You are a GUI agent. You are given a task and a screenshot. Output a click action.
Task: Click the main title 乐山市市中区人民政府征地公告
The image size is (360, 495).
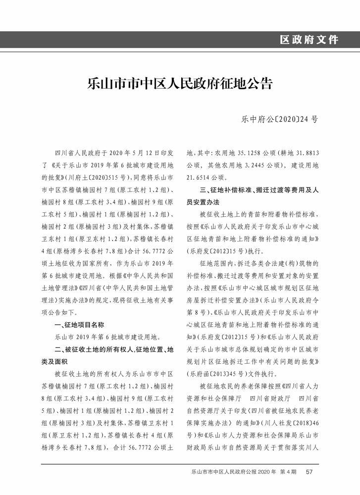tap(180, 83)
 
